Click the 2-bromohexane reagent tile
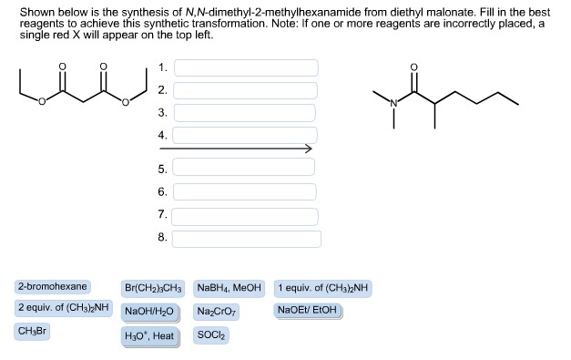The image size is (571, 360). (x=52, y=287)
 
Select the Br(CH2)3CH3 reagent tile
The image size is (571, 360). (x=153, y=288)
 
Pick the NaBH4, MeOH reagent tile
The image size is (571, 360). (x=229, y=288)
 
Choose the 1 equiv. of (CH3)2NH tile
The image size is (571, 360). (x=323, y=288)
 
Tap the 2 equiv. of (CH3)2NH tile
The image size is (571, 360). (x=63, y=308)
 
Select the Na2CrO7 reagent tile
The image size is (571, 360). (x=214, y=311)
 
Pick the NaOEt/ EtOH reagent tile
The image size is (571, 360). (x=307, y=310)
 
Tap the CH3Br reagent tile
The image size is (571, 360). (x=33, y=331)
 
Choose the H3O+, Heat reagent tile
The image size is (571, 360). (x=149, y=335)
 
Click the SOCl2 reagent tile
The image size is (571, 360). (x=212, y=334)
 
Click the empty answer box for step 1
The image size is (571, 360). (x=246, y=68)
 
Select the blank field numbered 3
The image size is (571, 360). (x=246, y=113)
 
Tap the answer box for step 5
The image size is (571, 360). (x=246, y=170)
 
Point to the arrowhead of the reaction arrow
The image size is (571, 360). (x=309, y=149)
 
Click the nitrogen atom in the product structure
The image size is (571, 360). (x=393, y=103)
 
